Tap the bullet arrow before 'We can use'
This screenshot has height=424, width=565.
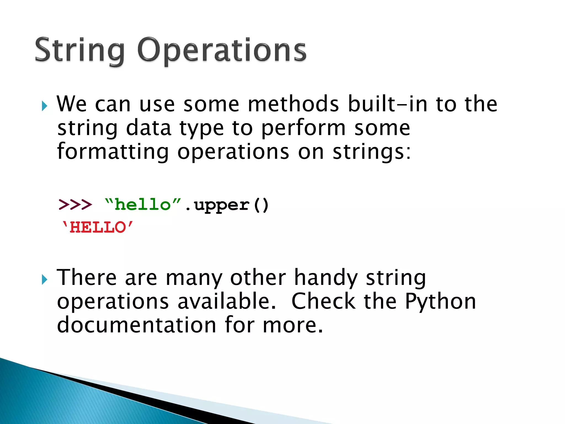(x=44, y=106)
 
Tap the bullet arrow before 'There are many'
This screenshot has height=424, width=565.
(x=44, y=280)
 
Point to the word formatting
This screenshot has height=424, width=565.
(x=113, y=152)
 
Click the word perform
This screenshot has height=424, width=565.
(x=303, y=128)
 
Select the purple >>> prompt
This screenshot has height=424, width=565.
(x=75, y=205)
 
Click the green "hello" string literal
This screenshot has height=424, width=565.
(x=143, y=205)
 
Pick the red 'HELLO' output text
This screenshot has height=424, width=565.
(x=97, y=227)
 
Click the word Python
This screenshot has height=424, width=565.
(x=440, y=301)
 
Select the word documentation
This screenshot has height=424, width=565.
(x=137, y=325)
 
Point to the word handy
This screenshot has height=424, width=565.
(x=326, y=278)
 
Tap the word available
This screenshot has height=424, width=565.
(x=226, y=301)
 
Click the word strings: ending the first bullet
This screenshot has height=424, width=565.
(x=372, y=152)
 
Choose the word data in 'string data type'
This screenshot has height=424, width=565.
(x=148, y=128)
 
